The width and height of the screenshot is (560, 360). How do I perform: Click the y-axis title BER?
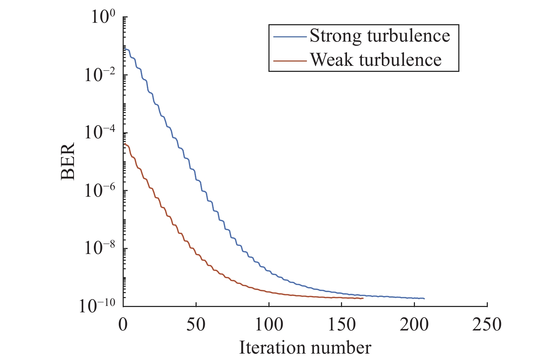tap(68, 161)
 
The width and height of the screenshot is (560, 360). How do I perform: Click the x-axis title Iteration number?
tap(305, 348)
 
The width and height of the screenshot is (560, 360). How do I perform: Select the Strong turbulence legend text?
tap(380, 36)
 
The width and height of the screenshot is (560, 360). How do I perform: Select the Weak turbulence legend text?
tap(376, 59)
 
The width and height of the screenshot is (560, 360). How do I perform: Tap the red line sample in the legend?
tap(289, 60)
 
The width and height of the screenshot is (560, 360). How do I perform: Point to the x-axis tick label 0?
tap(123, 324)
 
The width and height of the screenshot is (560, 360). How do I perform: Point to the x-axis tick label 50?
tap(196, 324)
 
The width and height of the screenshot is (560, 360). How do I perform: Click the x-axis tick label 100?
tap(269, 324)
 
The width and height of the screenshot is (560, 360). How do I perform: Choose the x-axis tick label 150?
tap(342, 324)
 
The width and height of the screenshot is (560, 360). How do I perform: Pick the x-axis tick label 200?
tap(415, 324)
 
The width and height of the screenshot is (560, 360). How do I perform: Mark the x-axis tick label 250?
tap(487, 324)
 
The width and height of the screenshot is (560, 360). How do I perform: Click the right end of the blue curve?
tap(424, 298)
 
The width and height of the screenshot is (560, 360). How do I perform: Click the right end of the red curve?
tap(363, 298)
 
